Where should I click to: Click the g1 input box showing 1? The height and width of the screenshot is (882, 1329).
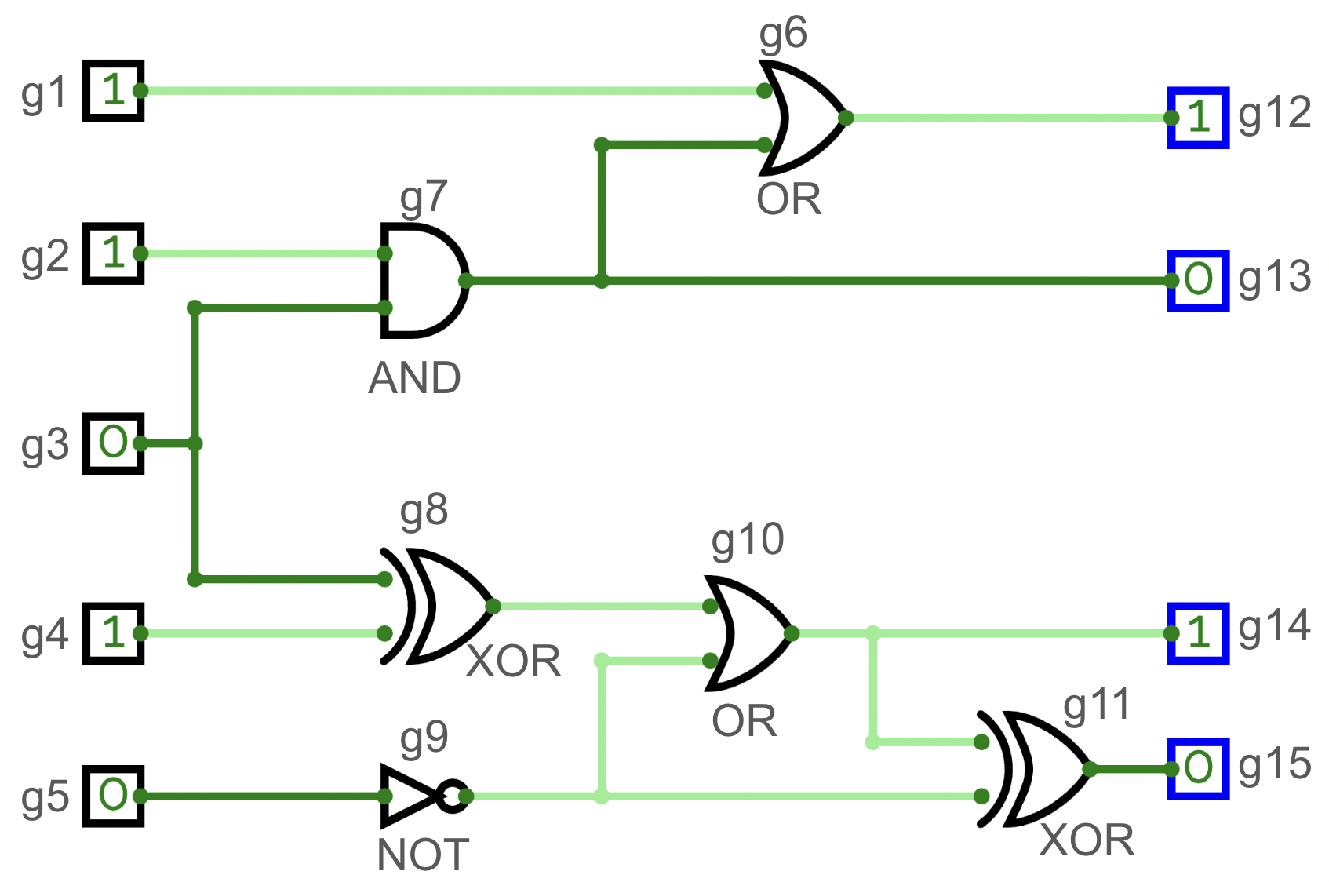[x=114, y=90]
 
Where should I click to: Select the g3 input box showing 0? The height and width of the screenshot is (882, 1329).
[x=114, y=443]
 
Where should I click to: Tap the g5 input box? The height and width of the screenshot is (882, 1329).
[x=114, y=796]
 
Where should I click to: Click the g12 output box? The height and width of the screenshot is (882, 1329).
[x=1198, y=118]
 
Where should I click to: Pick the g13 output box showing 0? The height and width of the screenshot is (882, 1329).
[x=1198, y=280]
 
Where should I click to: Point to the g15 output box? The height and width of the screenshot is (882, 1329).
[x=1198, y=769]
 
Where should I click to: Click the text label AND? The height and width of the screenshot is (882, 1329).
[x=414, y=378]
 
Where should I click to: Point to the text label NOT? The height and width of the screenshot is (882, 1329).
[x=423, y=855]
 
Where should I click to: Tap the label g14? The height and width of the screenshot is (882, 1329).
[x=1275, y=626]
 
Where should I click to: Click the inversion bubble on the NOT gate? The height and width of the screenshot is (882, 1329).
[x=453, y=796]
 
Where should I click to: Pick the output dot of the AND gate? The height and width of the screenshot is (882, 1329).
[x=465, y=280]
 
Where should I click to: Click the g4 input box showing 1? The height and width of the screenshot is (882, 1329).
[x=114, y=633]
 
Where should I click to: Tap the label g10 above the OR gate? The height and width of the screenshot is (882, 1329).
[x=747, y=540]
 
